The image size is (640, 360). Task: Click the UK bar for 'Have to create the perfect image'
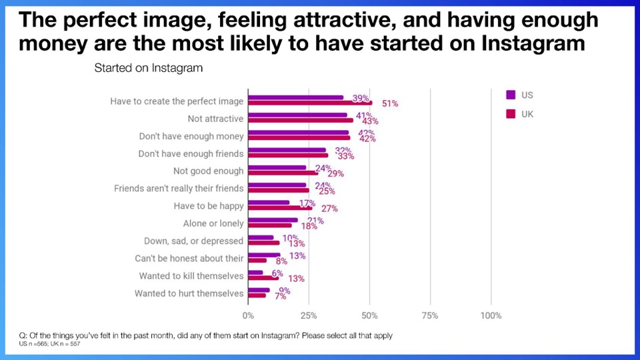click(x=310, y=103)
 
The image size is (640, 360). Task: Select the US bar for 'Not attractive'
click(x=298, y=115)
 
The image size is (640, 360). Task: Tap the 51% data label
click(x=390, y=103)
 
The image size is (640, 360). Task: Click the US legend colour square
click(x=511, y=95)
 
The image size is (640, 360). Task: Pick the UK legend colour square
click(x=511, y=114)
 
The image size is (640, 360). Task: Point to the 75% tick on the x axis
click(x=430, y=315)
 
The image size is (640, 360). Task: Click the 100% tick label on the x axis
click(x=491, y=315)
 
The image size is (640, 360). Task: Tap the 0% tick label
click(x=248, y=315)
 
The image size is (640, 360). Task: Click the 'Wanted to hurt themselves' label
click(x=189, y=293)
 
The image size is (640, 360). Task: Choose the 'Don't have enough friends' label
click(x=191, y=154)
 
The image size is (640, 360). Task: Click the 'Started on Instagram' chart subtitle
click(x=149, y=68)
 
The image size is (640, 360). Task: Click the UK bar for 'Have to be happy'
click(x=280, y=207)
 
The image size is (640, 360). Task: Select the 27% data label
click(x=329, y=208)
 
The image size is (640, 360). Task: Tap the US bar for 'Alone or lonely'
click(x=273, y=219)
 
